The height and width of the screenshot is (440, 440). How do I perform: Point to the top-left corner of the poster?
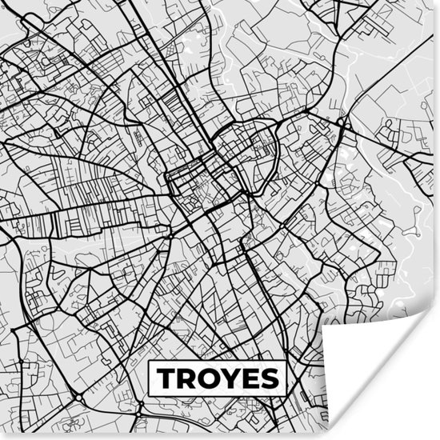[1, 1]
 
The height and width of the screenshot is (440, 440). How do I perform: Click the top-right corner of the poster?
[438, 1]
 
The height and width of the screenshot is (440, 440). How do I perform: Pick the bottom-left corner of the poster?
[1, 438]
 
